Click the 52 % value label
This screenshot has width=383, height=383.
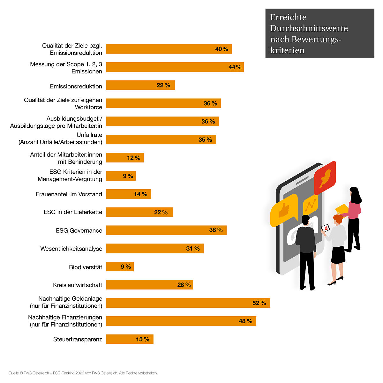coord(259,303)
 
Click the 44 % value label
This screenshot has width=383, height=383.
coord(235,67)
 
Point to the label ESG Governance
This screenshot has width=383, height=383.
coord(79,230)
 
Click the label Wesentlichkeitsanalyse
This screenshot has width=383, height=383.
coord(71,249)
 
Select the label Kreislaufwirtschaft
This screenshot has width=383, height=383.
coord(78,285)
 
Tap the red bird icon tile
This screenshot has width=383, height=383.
coord(325,178)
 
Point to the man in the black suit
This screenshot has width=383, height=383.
coord(306,252)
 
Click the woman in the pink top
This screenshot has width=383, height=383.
coord(354,217)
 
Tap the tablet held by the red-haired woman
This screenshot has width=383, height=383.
coord(325,228)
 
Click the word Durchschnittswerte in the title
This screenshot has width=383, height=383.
coord(309,28)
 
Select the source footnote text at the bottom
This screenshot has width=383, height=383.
coord(83,373)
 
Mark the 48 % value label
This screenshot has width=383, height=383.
coord(245,321)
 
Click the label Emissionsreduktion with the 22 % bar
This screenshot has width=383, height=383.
coord(76,86)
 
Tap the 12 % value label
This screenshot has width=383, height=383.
coord(133,158)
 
